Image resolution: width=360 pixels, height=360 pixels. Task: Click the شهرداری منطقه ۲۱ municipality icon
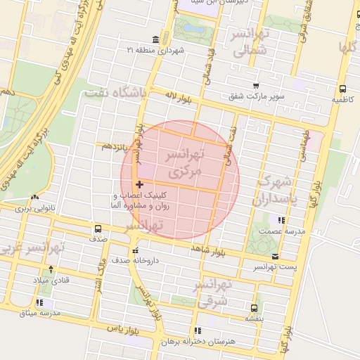(x=155, y=39)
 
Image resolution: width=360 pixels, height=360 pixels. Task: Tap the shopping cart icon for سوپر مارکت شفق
(x=256, y=85)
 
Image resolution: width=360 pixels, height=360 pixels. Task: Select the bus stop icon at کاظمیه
(x=342, y=89)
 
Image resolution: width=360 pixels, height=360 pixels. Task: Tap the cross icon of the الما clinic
(x=139, y=184)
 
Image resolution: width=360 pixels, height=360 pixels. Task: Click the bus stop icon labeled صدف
(x=98, y=229)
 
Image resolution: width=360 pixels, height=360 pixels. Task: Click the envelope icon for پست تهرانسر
(x=275, y=257)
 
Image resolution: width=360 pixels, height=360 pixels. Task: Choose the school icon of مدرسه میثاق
(x=39, y=302)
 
